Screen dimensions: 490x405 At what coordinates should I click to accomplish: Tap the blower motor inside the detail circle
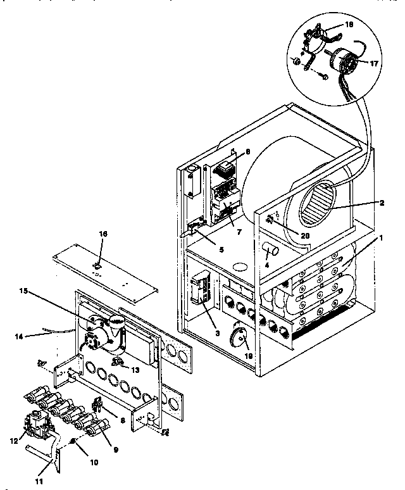tap(344, 62)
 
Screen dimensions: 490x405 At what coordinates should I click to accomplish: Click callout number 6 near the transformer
tap(247, 151)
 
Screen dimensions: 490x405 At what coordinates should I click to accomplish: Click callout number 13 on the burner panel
tap(135, 370)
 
